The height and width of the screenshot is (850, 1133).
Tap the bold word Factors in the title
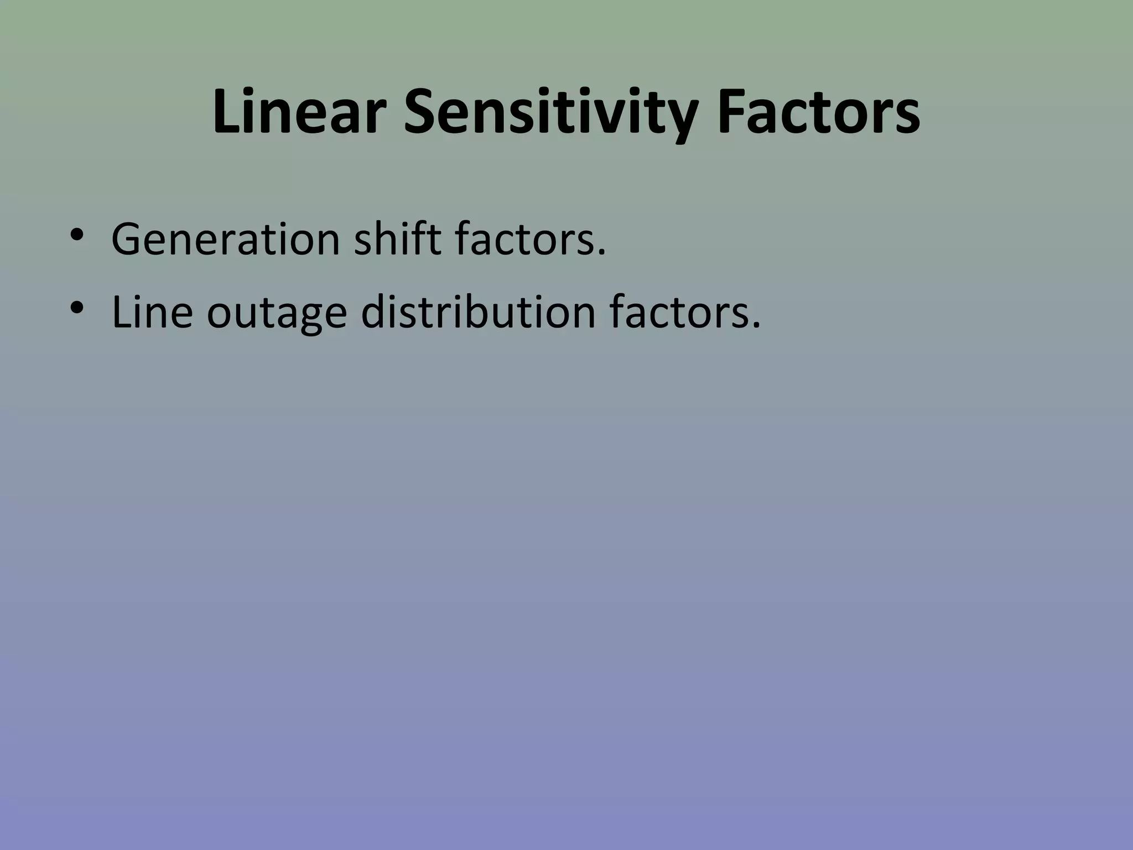pos(818,112)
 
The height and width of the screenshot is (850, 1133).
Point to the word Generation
pos(226,240)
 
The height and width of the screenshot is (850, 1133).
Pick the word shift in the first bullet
pos(397,240)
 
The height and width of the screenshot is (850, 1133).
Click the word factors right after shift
pos(525,240)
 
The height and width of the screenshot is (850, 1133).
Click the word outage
pos(277,313)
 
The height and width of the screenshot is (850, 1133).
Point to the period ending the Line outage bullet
pos(756,325)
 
